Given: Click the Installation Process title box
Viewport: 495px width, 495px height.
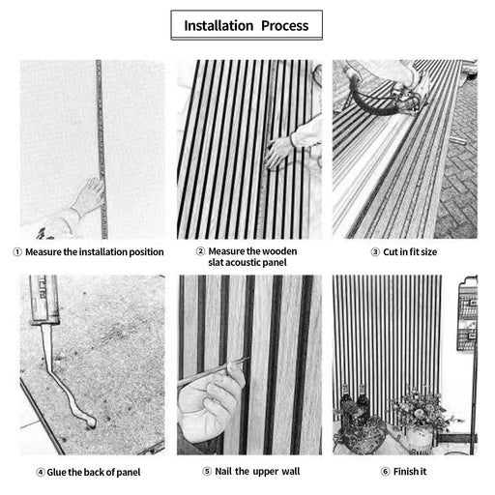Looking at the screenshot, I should (x=247, y=25).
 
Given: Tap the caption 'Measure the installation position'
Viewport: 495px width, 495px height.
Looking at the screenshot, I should (x=95, y=252).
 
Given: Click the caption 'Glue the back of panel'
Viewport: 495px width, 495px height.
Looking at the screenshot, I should (x=95, y=472).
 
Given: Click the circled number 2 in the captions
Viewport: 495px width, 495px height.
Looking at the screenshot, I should (x=201, y=251).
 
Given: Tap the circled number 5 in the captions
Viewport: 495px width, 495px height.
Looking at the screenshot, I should (x=207, y=472).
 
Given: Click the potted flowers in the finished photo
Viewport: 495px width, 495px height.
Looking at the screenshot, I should (x=421, y=411).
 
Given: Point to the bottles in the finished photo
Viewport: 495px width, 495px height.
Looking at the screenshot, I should (x=353, y=406).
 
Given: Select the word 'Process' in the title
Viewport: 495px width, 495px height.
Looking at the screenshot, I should (x=284, y=25).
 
